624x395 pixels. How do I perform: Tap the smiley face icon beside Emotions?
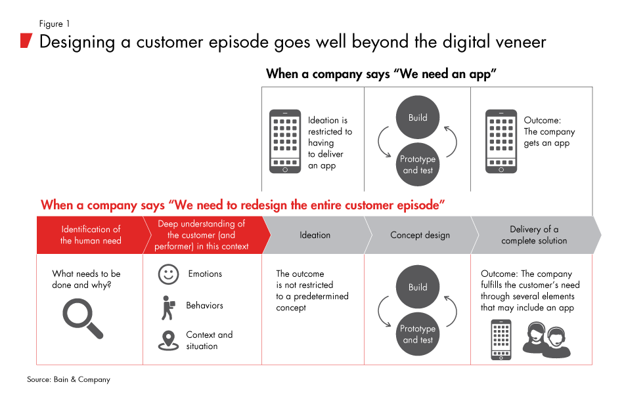(169, 274)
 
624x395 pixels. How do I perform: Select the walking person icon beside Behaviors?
(168, 307)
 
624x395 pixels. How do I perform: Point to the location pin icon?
(169, 340)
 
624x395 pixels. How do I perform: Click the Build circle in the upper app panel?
(418, 118)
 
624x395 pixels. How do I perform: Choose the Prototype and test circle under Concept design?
(418, 334)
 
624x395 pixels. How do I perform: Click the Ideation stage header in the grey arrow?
(315, 235)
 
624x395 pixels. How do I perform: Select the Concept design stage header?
(420, 235)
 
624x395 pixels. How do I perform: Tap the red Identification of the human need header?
(90, 235)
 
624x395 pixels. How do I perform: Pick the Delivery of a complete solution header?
(533, 235)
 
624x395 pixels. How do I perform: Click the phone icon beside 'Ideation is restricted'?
(285, 142)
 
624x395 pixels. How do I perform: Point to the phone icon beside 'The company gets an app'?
(501, 142)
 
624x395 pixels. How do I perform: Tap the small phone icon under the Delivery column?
(501, 340)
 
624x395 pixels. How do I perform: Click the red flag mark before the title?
(26, 41)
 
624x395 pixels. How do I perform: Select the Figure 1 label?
(55, 24)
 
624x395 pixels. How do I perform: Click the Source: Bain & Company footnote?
(68, 379)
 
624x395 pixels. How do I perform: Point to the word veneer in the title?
(512, 42)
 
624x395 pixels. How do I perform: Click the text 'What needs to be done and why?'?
(86, 280)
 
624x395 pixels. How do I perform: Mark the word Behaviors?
(204, 306)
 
